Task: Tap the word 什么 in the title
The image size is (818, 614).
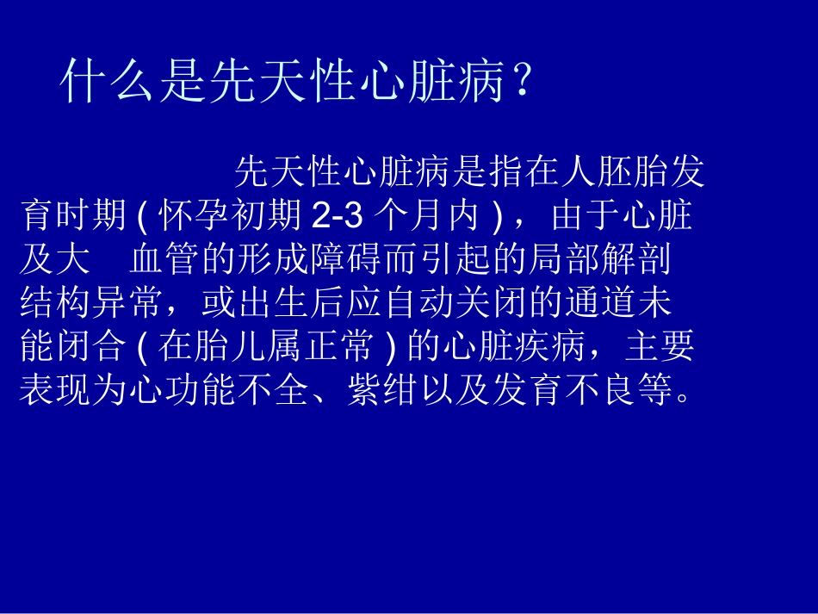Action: pyautogui.click(x=109, y=84)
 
